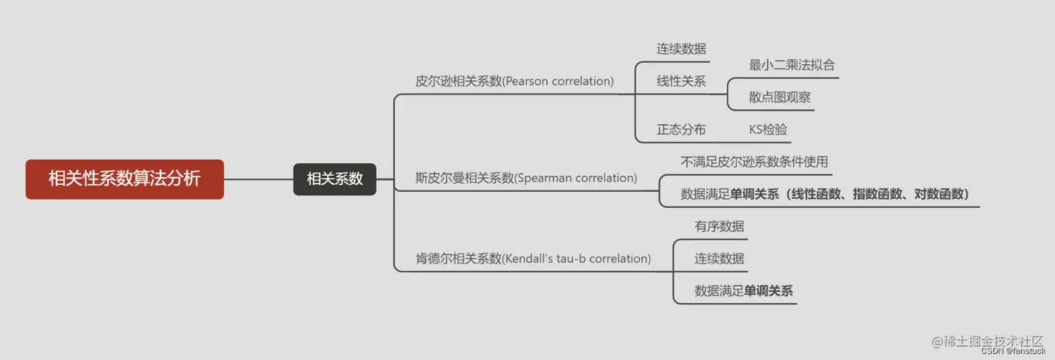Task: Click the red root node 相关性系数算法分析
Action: tap(124, 179)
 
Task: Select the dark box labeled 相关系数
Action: tap(334, 179)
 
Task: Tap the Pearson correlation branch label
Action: tap(514, 81)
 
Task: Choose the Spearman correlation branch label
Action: tap(525, 178)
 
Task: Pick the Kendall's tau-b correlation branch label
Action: tap(533, 259)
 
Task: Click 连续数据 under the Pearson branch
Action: tap(681, 49)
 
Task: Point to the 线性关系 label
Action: tap(681, 81)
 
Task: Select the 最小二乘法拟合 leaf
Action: tap(792, 65)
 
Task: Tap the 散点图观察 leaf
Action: tap(779, 98)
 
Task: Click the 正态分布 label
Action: tap(681, 130)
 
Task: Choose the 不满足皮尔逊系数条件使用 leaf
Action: tap(754, 162)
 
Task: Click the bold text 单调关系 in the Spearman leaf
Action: tap(754, 195)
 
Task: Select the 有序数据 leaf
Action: tap(719, 226)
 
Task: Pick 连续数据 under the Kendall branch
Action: tap(719, 259)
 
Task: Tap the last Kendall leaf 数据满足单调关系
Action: tap(743, 291)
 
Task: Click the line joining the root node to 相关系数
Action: tap(258, 179)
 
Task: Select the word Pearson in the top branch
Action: tap(527, 81)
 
